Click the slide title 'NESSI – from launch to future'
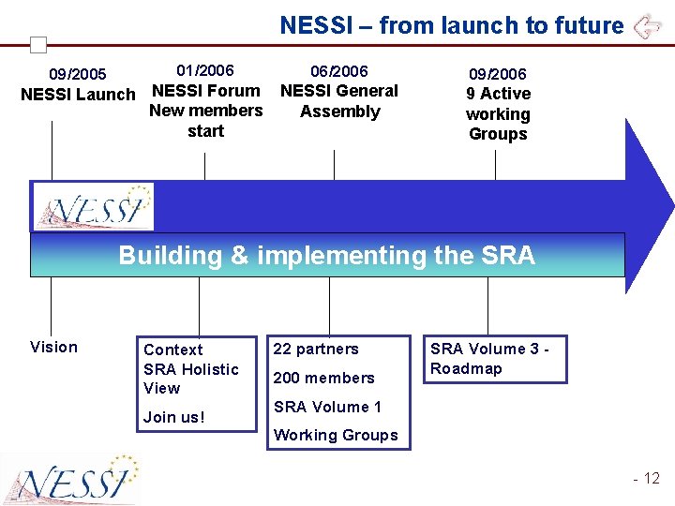(x=451, y=25)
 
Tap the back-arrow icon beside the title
(x=647, y=26)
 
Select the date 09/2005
(x=78, y=74)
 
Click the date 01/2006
(x=205, y=70)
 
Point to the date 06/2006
(x=339, y=71)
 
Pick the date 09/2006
(x=498, y=74)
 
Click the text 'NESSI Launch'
(x=78, y=95)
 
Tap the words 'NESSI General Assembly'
(x=339, y=101)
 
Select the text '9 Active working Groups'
(x=498, y=113)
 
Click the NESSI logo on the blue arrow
(x=93, y=206)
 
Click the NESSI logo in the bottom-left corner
(x=71, y=479)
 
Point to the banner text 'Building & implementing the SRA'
(x=326, y=255)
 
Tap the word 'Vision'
(x=54, y=348)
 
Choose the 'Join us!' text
(x=174, y=417)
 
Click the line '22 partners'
(x=316, y=350)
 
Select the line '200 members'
(x=323, y=379)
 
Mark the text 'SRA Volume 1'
(x=327, y=407)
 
